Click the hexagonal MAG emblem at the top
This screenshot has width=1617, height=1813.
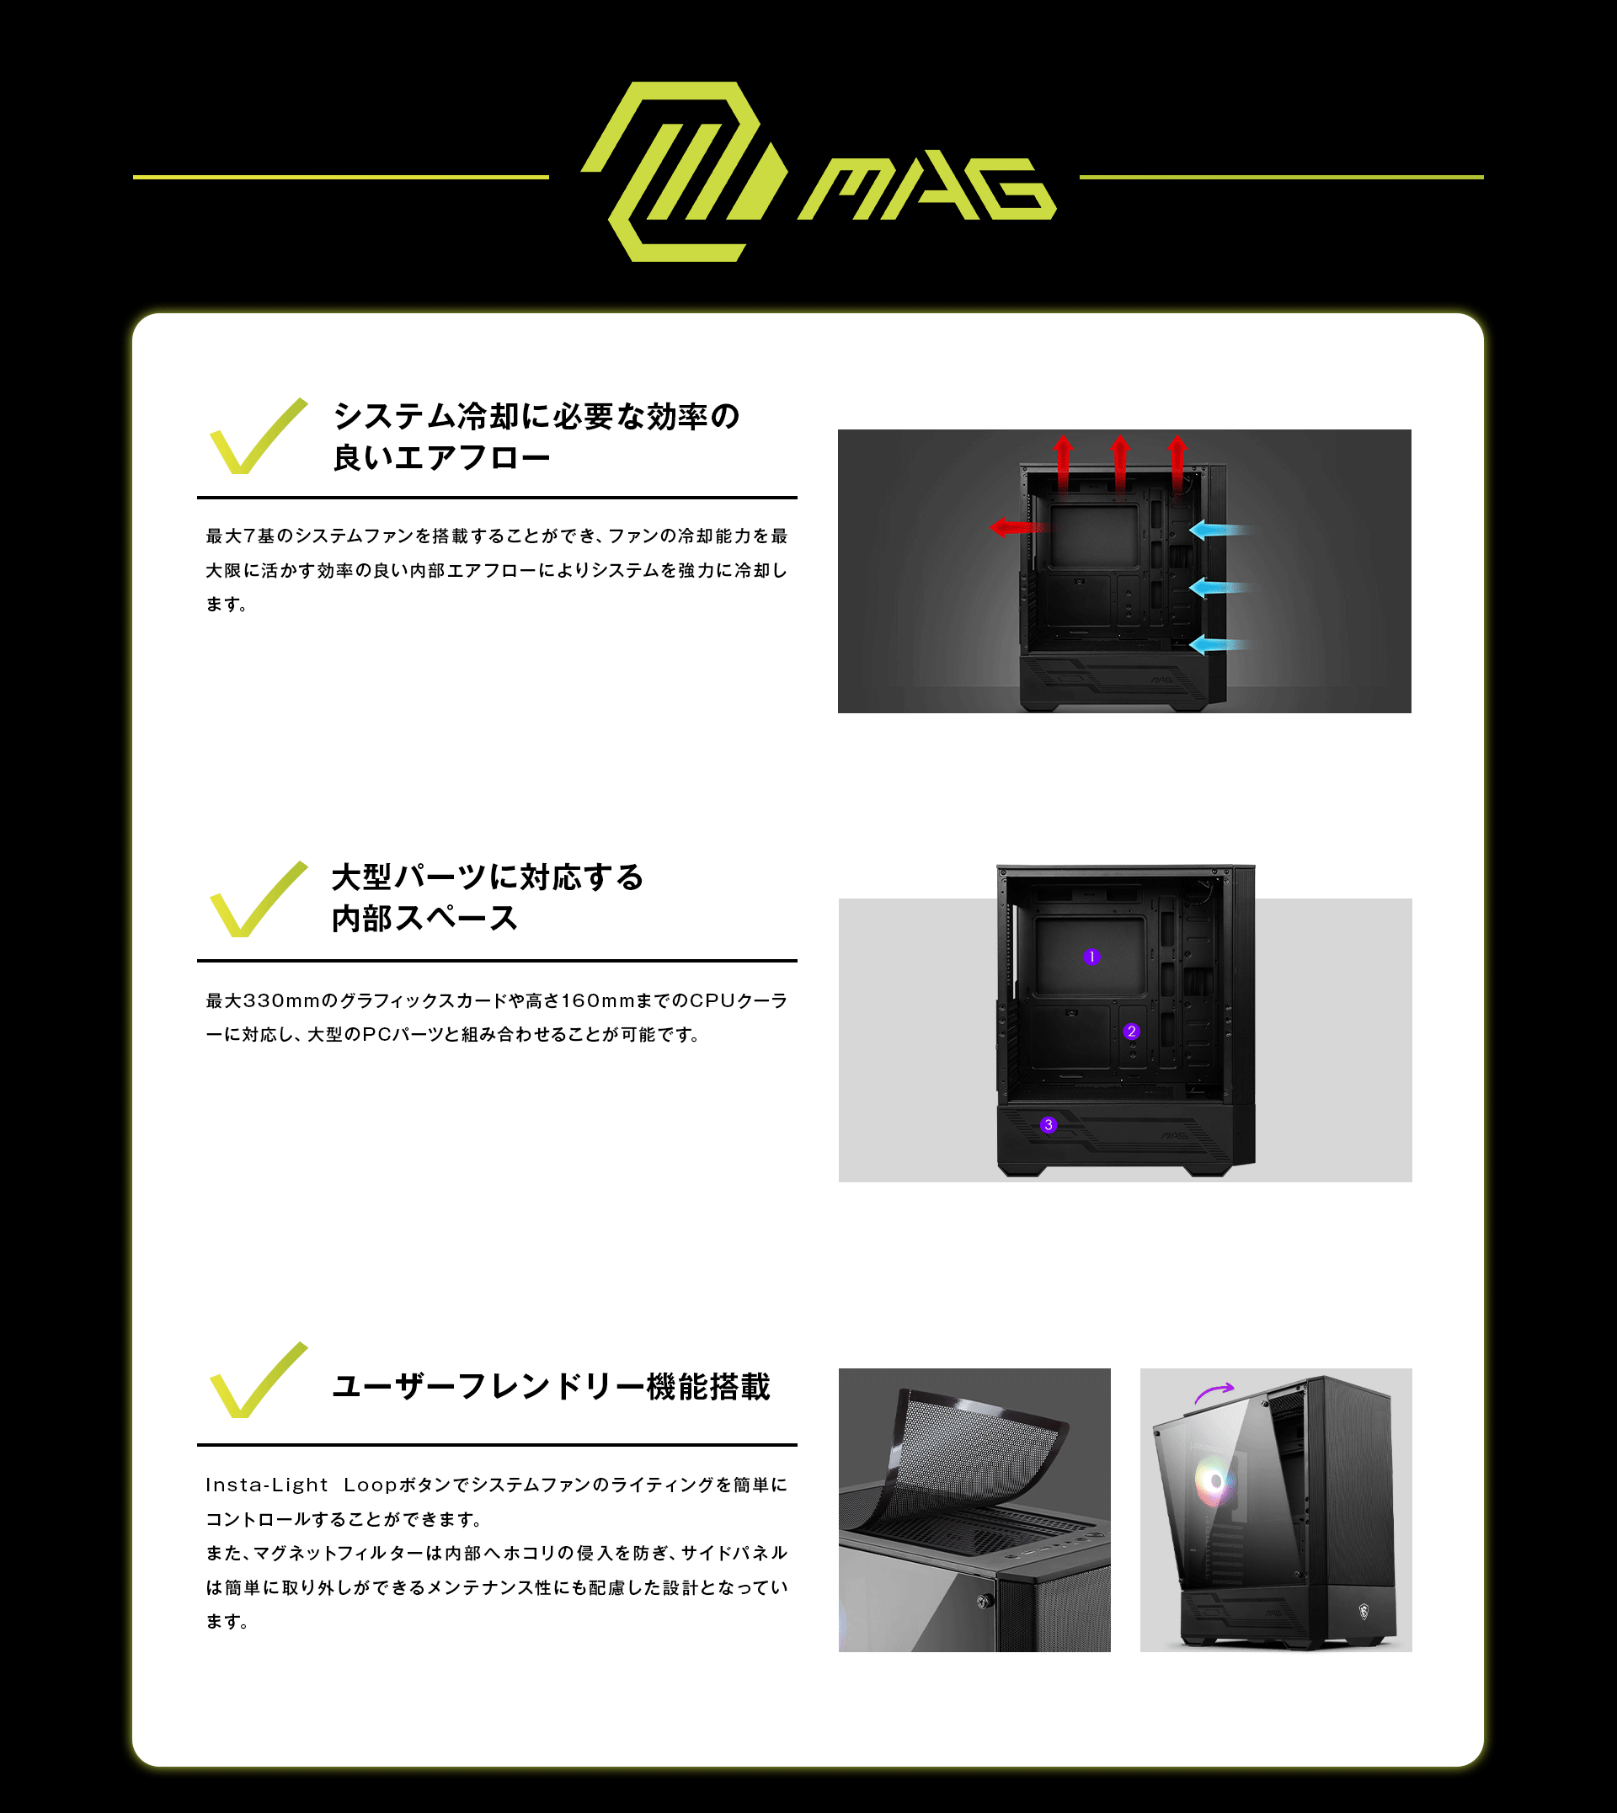tap(684, 172)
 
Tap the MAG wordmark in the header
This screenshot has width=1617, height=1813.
tap(926, 189)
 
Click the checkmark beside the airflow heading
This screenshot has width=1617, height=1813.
tap(258, 436)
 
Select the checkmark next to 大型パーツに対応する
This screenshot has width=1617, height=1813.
tap(258, 899)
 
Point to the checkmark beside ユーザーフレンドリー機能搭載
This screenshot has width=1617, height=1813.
tap(258, 1379)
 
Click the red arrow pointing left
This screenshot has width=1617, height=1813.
tap(1019, 528)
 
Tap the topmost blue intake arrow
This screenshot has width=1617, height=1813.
tap(1219, 531)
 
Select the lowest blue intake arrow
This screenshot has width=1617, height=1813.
tap(1219, 645)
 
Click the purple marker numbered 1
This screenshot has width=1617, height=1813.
tap(1092, 957)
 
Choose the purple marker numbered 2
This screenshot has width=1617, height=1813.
tap(1131, 1032)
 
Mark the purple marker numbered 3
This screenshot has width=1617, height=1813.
tap(1049, 1124)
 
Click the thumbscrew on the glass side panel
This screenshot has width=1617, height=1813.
tap(985, 1602)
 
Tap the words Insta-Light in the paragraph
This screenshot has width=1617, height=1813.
tap(266, 1485)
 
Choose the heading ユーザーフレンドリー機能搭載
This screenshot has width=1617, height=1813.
tap(551, 1387)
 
